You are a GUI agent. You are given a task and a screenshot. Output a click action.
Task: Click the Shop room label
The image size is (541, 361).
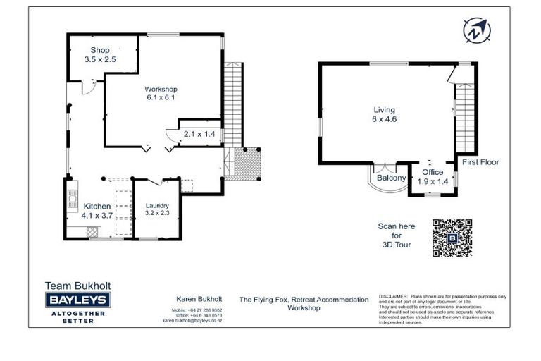[x=100, y=55]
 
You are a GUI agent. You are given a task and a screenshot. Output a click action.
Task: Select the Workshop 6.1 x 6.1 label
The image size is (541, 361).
[x=160, y=93]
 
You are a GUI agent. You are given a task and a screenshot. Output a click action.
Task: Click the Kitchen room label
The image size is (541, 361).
[x=96, y=210]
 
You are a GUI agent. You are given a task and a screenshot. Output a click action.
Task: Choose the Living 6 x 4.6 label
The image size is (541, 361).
[x=384, y=115]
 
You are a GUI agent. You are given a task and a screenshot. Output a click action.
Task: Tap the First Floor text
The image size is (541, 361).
[x=480, y=162]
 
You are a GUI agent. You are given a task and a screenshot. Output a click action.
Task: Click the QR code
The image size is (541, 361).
[x=452, y=238]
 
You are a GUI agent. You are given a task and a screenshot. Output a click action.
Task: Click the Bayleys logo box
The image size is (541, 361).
[x=77, y=301]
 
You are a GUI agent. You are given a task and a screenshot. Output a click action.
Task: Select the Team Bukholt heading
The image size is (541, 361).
[x=77, y=286]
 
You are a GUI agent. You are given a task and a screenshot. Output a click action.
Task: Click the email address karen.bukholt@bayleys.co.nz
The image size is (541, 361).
[x=192, y=320]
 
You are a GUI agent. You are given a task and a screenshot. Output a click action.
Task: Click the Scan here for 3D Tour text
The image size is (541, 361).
[x=397, y=235]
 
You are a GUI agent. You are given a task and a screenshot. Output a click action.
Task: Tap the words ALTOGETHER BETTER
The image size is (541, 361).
[x=77, y=317]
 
